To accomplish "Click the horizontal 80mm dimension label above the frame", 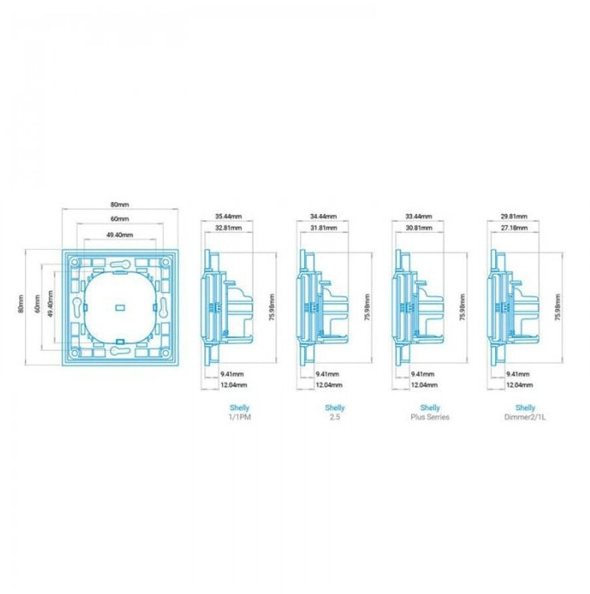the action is (120, 204).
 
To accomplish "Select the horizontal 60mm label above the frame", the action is (120, 219).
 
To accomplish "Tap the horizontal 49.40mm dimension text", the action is (120, 235).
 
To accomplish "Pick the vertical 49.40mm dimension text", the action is (51, 306).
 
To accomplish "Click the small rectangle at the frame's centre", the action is (120, 307).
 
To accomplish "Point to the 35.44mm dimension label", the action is (229, 216).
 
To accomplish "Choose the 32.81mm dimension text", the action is (229, 228).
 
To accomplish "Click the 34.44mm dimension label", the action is (324, 216).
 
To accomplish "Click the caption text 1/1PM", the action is (238, 417).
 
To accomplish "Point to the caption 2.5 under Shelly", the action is (334, 417).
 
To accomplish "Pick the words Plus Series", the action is (430, 417).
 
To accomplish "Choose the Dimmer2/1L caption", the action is (525, 417).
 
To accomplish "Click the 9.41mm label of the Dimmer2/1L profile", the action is (516, 373).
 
